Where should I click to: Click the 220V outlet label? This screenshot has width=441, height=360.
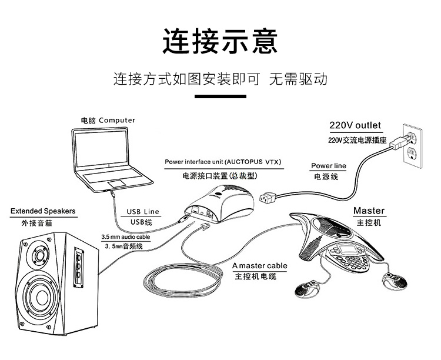[x=355, y=125]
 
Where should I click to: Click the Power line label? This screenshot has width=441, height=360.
[x=329, y=166]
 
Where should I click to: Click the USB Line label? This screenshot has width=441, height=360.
[x=143, y=211]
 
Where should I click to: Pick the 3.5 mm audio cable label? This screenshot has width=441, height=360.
[x=125, y=236]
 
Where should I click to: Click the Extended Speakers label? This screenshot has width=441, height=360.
[x=43, y=211]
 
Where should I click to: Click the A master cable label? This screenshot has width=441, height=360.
[x=259, y=265]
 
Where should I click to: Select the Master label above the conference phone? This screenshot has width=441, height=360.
[x=369, y=211]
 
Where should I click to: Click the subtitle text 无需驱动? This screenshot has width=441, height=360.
[x=298, y=79]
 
